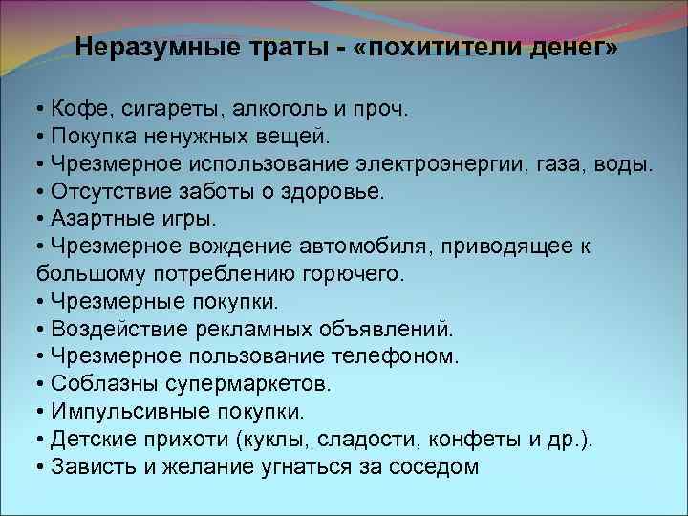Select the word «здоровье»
click(327, 191)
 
